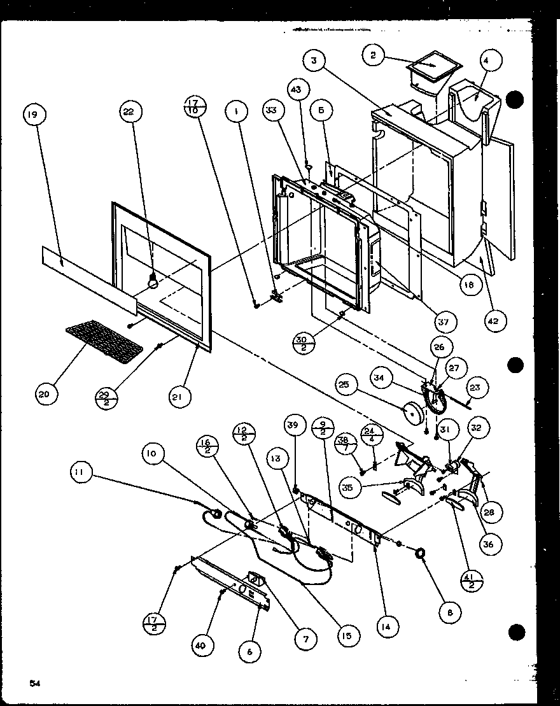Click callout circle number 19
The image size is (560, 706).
tap(34, 115)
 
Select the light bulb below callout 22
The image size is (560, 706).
tap(153, 281)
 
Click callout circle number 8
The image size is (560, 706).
tap(451, 614)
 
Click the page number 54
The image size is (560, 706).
tap(35, 683)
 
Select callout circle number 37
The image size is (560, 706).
tap(444, 322)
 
